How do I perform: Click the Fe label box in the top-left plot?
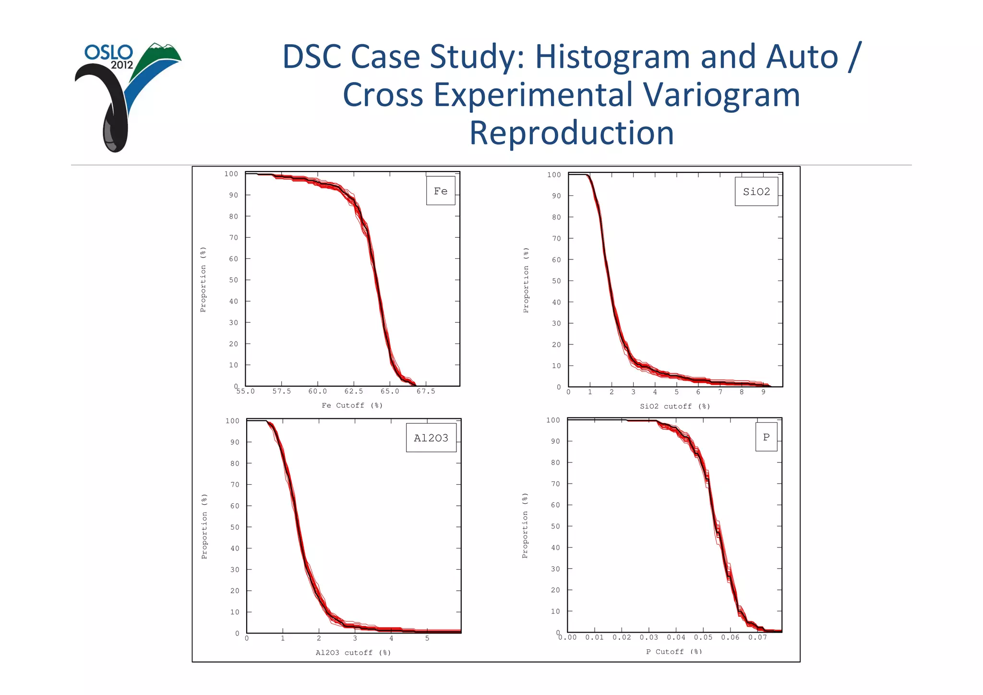point(440,191)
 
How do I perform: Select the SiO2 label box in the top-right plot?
point(756,192)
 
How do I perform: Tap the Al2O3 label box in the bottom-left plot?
point(431,438)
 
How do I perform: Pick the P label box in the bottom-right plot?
point(766,437)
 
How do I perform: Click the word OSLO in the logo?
point(108,52)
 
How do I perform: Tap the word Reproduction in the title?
point(571,133)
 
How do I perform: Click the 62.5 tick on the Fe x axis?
point(354,391)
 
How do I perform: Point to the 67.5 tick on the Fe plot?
point(426,391)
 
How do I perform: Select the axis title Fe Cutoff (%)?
point(352,405)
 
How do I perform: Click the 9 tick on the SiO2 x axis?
point(763,392)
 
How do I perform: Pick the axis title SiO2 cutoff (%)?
point(675,406)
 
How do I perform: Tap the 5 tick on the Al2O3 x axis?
point(427,638)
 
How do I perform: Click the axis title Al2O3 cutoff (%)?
point(353,653)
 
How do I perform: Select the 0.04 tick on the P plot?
point(676,637)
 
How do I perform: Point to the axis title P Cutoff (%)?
point(673,652)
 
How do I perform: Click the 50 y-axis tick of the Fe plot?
point(233,280)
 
